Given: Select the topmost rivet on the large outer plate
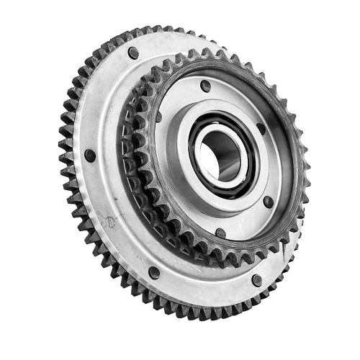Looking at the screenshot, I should [134, 53].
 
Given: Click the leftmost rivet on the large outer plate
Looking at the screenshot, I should [90, 155].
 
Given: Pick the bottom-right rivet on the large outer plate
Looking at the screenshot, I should [257, 279].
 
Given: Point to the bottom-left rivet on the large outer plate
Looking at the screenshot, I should [154, 272].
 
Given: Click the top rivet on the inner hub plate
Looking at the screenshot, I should [206, 86].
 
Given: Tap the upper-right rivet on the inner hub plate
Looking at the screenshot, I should [261, 131].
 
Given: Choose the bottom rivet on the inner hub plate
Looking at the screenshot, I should [220, 233].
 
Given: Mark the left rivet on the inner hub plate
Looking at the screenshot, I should [158, 117].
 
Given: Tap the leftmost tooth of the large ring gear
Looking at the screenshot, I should [62, 144].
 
